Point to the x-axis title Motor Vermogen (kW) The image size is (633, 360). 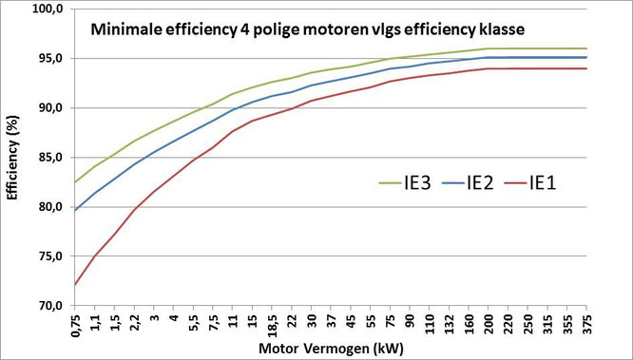pyautogui.click(x=328, y=349)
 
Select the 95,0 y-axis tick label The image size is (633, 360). pyautogui.click(x=48, y=58)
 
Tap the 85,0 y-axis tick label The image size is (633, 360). pyautogui.click(x=48, y=158)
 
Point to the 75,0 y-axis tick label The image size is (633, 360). pyautogui.click(x=48, y=256)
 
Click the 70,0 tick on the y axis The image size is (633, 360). pyautogui.click(x=48, y=306)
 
